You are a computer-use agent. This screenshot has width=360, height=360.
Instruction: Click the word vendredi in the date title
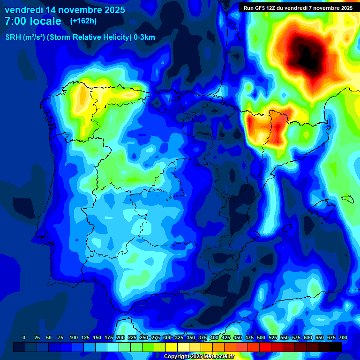(24, 10)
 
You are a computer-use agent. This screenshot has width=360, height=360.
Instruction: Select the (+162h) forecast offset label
(83, 21)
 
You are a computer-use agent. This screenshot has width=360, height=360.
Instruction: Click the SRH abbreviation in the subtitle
(13, 37)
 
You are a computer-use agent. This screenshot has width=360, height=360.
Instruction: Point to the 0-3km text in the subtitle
(144, 37)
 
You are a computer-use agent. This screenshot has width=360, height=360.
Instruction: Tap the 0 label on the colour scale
(24, 337)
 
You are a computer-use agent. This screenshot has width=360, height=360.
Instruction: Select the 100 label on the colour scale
(73, 337)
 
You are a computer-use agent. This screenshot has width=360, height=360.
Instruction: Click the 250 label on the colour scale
(143, 337)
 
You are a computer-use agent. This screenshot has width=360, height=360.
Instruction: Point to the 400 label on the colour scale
(214, 337)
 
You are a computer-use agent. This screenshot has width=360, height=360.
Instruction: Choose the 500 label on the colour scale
(261, 337)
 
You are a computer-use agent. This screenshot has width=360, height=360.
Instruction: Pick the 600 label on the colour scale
(308, 337)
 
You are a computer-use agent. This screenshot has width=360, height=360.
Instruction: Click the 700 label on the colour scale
(343, 337)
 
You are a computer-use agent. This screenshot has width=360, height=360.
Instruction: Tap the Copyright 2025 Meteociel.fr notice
(199, 357)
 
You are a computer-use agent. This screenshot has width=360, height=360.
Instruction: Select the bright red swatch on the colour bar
(265, 347)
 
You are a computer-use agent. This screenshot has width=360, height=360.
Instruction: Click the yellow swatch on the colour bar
(171, 347)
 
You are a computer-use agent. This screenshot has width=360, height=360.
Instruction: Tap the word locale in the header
(45, 21)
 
